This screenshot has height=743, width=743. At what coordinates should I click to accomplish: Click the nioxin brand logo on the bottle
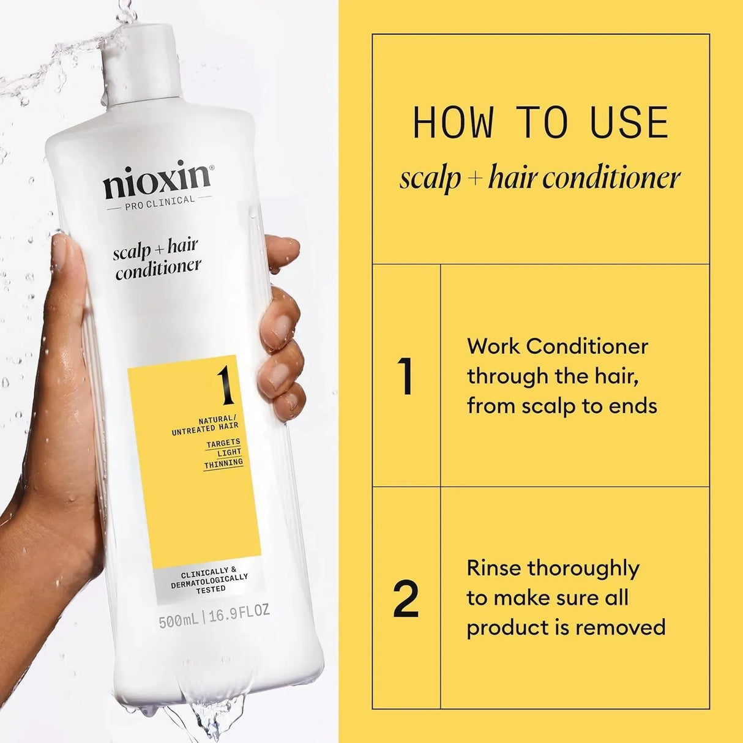(x=157, y=181)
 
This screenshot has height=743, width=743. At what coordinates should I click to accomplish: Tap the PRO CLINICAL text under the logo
(x=159, y=200)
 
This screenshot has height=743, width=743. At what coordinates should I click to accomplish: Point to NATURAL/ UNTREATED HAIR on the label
(x=205, y=425)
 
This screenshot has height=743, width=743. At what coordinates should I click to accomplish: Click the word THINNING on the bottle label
(x=223, y=463)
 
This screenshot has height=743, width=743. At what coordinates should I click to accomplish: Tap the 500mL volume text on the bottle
(x=178, y=622)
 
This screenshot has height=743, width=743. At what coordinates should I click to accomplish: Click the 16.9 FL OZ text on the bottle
(x=239, y=613)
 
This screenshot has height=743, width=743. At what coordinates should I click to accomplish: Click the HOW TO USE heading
(x=540, y=123)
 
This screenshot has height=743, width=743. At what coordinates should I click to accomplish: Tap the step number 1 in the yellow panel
(x=405, y=376)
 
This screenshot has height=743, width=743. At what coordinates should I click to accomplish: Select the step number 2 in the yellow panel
(x=406, y=598)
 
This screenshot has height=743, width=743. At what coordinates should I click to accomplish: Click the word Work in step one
(x=493, y=346)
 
